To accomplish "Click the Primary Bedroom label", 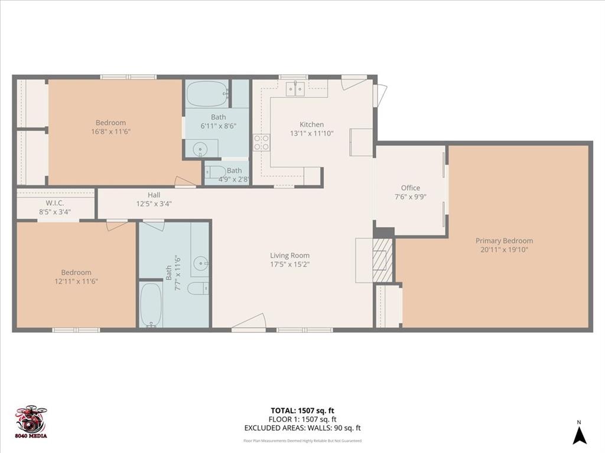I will click(504, 241).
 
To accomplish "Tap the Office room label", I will click(410, 188).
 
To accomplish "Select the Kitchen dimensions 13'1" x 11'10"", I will click(311, 133).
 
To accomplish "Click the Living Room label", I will click(290, 255).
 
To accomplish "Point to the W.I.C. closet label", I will click(55, 203).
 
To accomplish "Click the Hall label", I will click(154, 195).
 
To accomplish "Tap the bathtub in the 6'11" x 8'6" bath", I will click(207, 93).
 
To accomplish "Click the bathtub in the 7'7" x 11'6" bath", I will click(151, 304).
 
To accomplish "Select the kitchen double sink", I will click(295, 89).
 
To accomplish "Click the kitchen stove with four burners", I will click(261, 142).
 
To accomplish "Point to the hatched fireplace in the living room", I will click(383, 260).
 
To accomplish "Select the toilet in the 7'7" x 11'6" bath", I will click(197, 288).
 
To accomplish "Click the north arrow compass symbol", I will click(580, 435).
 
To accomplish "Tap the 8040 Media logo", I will click(31, 422).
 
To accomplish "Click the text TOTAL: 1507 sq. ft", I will click(302, 411).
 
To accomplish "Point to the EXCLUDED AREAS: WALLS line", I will click(302, 428).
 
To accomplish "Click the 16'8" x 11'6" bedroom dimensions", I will click(110, 132).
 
